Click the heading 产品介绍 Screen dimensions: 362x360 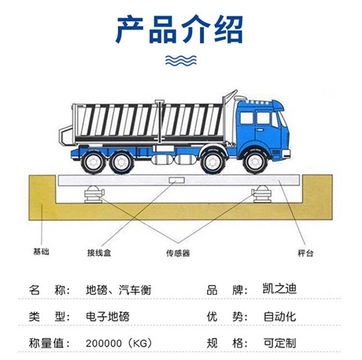tap(179, 29)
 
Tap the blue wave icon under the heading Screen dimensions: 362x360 tap(181, 61)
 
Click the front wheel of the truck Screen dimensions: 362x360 tap(255, 163)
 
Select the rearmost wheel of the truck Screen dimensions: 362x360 tap(93, 163)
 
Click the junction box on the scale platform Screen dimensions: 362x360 tap(176, 181)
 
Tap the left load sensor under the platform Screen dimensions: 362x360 tap(94, 194)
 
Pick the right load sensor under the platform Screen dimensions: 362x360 tap(262, 194)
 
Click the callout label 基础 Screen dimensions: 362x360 tap(41, 252)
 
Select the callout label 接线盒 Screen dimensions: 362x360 tap(99, 253)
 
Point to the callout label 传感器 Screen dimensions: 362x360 tap(178, 253)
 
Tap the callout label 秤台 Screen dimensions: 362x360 tap(305, 253)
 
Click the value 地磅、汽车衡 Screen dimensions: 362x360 tap(119, 290)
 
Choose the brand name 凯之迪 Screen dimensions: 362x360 tap(280, 288)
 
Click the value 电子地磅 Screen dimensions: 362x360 tap(108, 317)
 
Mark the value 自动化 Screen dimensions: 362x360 tap(280, 317)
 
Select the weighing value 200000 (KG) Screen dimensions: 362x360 tap(119, 343)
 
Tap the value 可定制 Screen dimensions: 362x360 tap(280, 343)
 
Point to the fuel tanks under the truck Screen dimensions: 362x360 tap(175, 160)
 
